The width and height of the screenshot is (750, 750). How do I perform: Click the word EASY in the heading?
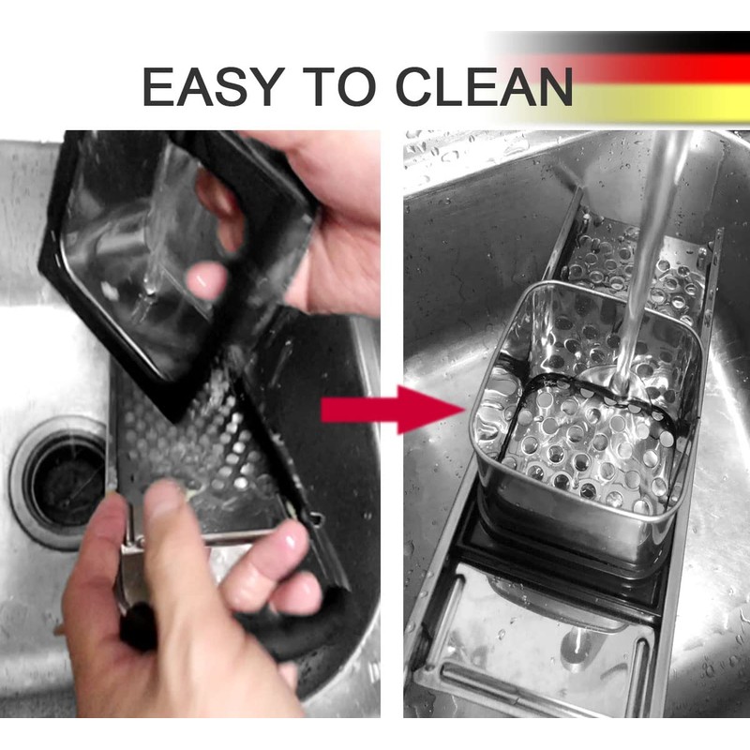click(x=214, y=86)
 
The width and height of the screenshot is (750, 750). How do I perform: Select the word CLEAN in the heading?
click(x=484, y=86)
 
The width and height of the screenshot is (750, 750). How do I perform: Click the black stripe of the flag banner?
click(x=622, y=42)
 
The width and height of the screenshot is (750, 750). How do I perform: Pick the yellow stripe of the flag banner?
click(x=660, y=102)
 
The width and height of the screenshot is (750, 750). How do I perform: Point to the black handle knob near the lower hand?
click(x=135, y=625)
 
